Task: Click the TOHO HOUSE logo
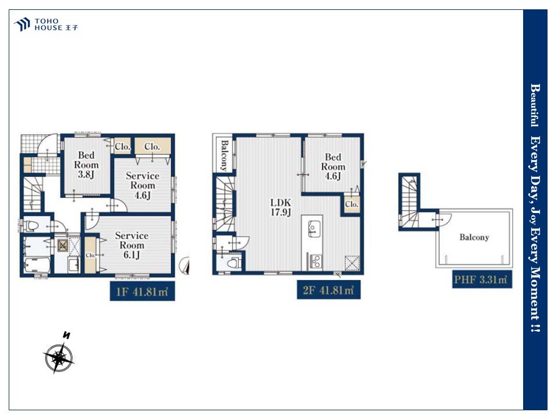pos(45,24)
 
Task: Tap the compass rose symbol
pos(59,357)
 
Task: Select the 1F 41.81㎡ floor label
pos(142,292)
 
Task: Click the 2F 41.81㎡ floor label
pos(328,290)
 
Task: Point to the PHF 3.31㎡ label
pos(482,279)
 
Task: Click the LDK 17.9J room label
pos(281,207)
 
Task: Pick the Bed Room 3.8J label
pos(86,165)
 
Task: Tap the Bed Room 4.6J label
pos(333,166)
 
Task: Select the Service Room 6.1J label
pos(132,245)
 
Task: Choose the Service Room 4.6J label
pos(142,185)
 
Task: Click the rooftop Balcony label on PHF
pos(474,237)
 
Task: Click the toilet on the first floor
pos(31,226)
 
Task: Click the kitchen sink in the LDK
pos(314,228)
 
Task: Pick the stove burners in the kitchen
pos(316,261)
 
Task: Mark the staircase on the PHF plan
pos(409,202)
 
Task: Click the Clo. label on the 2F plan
pos(351,204)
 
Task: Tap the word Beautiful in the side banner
pos(535,105)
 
